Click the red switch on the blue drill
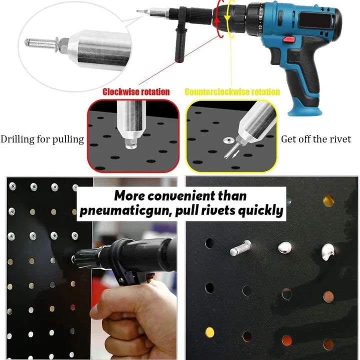(x=289, y=39)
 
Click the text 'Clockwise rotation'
(x=136, y=92)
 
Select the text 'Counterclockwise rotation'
(x=232, y=92)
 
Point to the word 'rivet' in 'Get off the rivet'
(x=340, y=139)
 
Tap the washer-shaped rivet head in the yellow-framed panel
(x=228, y=140)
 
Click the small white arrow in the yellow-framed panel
(x=235, y=154)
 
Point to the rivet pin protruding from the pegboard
(x=240, y=247)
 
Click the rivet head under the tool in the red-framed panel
(x=131, y=145)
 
